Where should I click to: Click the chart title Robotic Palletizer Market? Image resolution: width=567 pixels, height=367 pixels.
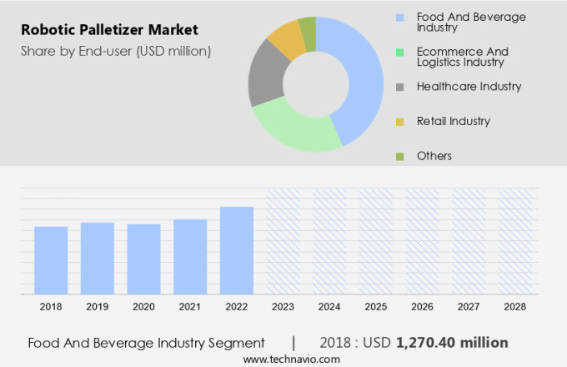109,31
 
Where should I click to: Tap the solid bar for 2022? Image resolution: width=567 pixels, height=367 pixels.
237,249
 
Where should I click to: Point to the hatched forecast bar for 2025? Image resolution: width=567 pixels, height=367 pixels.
375,241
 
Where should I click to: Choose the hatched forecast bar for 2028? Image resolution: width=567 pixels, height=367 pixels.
514,241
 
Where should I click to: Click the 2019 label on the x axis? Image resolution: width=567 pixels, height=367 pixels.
98,307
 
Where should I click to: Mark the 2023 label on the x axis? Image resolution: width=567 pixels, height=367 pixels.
283,307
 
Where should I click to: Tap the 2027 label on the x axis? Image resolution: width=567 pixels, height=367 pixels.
469,307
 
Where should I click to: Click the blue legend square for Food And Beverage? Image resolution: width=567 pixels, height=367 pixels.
400,17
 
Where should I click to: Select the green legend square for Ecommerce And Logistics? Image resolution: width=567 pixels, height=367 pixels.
400,52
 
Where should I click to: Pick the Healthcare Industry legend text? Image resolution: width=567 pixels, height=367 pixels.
458,86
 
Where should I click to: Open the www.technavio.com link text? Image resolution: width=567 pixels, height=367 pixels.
292,359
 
